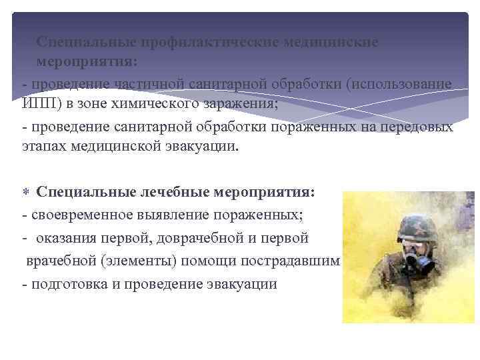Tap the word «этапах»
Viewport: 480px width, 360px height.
42,147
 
